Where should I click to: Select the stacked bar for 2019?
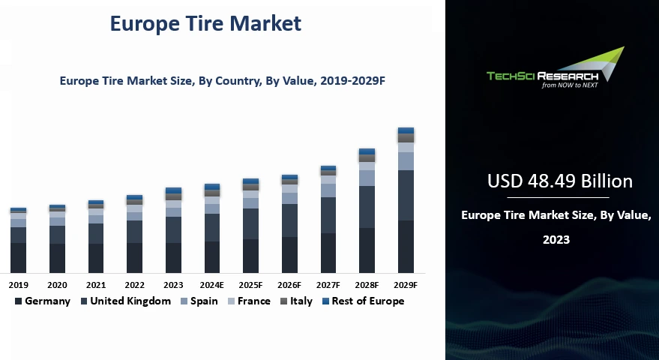pos(18,240)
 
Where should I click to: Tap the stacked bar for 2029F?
pos(406,200)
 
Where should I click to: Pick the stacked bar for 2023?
pos(173,230)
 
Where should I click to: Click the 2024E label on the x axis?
pos(212,285)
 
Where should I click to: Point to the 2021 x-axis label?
pos(96,285)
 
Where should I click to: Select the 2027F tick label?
pos(328,285)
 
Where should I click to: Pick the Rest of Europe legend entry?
pos(363,301)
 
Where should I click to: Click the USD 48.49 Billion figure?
pos(559,181)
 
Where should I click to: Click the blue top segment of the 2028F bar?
pos(367,151)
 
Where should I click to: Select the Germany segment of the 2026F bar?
pos(289,254)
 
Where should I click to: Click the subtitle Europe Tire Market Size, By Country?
pos(217,79)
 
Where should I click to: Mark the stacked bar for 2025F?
pos(250,226)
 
